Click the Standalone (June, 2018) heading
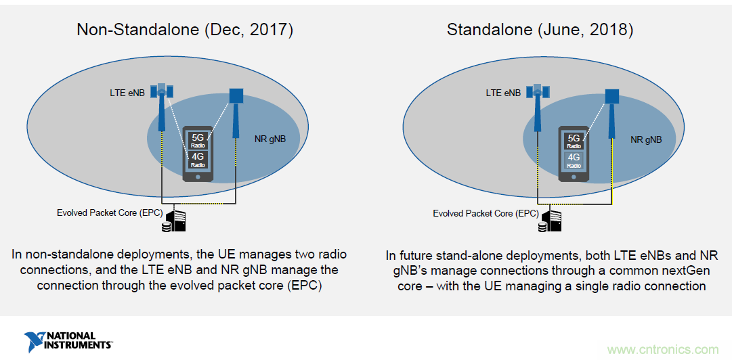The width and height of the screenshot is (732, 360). [540, 30]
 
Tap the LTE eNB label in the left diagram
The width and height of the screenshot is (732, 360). [127, 93]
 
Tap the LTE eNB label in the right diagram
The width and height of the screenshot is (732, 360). [503, 93]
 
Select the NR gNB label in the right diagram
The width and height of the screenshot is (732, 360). [646, 140]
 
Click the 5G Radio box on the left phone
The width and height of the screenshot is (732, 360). [198, 140]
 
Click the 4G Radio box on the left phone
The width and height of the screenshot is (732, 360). [198, 159]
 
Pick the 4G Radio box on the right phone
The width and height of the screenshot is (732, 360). [574, 160]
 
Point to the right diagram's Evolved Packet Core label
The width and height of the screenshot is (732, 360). [486, 213]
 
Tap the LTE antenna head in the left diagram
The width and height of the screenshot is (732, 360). [163, 91]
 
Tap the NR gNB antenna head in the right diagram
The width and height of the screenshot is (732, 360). [612, 97]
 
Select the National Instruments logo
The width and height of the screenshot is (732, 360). [68, 341]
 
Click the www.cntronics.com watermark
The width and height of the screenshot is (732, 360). [662, 350]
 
